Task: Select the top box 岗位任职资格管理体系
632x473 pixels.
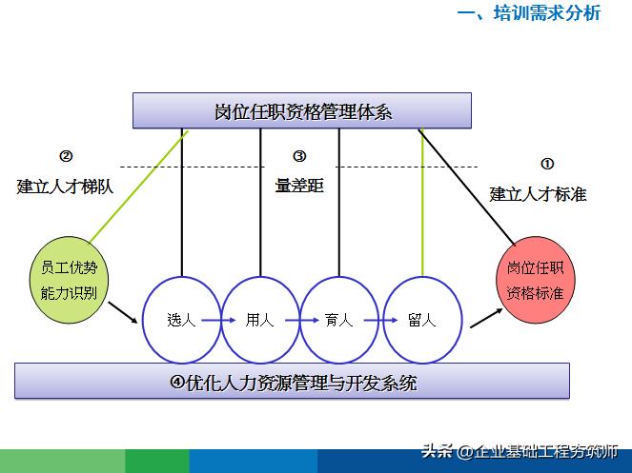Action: tap(302, 110)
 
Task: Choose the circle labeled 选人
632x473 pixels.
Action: tap(181, 320)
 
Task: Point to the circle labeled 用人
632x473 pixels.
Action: tap(260, 320)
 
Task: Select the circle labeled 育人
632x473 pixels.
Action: tap(339, 320)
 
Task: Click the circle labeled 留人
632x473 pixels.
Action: tap(420, 320)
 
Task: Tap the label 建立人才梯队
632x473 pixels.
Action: tap(65, 187)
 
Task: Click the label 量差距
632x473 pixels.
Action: tap(299, 187)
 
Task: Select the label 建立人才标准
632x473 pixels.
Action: tap(538, 194)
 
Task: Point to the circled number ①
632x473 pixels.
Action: tap(547, 164)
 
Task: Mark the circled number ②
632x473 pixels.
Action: tap(66, 157)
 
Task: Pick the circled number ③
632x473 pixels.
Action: tap(298, 157)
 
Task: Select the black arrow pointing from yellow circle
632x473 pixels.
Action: tap(122, 313)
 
